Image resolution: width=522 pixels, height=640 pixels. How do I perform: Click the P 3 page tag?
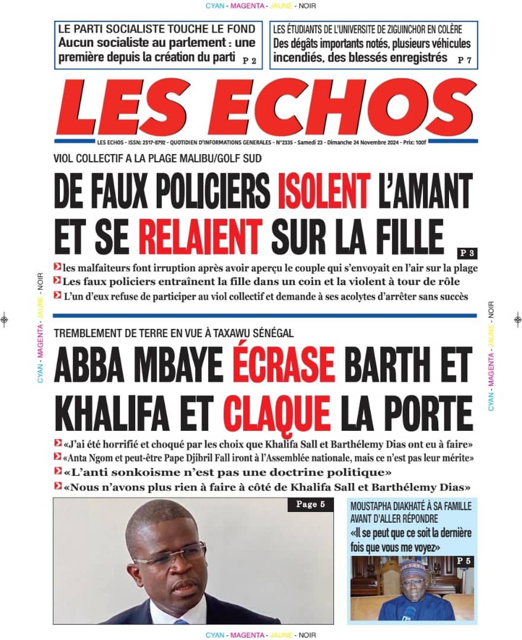467,252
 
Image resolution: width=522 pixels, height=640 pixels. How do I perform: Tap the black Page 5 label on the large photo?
306,505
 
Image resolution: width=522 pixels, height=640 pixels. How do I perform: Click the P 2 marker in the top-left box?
250,60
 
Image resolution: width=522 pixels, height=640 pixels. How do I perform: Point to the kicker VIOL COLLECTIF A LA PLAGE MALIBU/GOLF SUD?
157,158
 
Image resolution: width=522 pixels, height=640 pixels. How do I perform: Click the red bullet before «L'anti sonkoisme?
58,472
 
